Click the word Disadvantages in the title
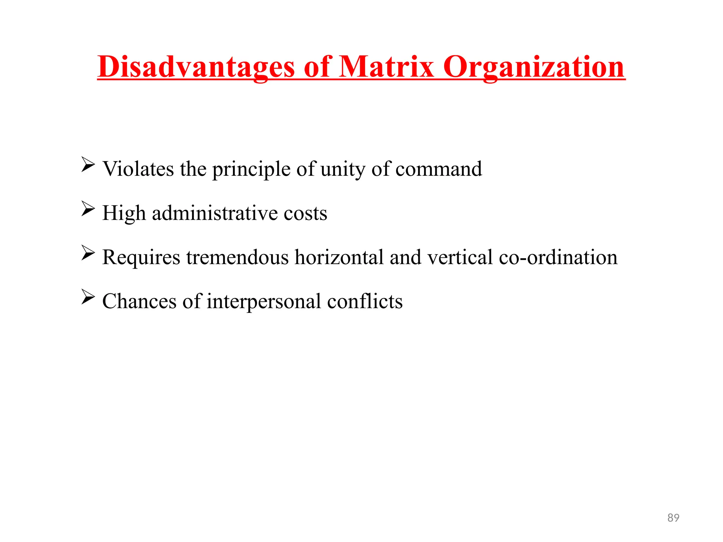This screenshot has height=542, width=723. [x=196, y=67]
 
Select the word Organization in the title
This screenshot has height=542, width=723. [x=534, y=67]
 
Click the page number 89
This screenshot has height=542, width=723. [x=673, y=518]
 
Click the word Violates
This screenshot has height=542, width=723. [x=138, y=169]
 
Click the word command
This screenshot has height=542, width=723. [x=438, y=169]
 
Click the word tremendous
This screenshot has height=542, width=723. [x=238, y=257]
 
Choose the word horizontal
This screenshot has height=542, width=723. [x=339, y=257]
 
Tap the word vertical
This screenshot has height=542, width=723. [x=460, y=257]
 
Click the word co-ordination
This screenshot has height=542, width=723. [x=558, y=257]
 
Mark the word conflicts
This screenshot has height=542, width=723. [x=365, y=301]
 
